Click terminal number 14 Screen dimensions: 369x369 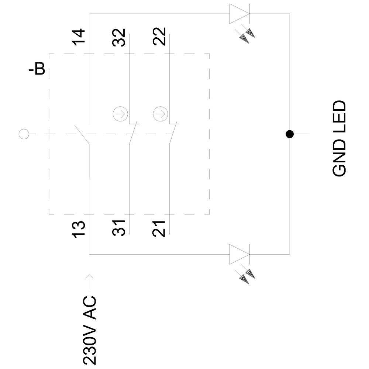[x=78, y=37]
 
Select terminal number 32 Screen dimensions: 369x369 [x=119, y=37]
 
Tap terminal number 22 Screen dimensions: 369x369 [x=159, y=37]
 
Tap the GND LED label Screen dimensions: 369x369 [x=339, y=138]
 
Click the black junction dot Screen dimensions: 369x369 [x=290, y=134]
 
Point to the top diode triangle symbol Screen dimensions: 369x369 [x=239, y=14]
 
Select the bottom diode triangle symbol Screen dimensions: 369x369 [x=239, y=254]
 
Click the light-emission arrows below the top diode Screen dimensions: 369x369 [x=247, y=35]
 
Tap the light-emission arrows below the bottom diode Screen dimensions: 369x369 [x=247, y=274]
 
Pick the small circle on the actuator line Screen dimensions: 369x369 [x=24, y=134]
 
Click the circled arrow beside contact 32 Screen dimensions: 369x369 [x=119, y=113]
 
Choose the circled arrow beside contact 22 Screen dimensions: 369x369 [x=159, y=113]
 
